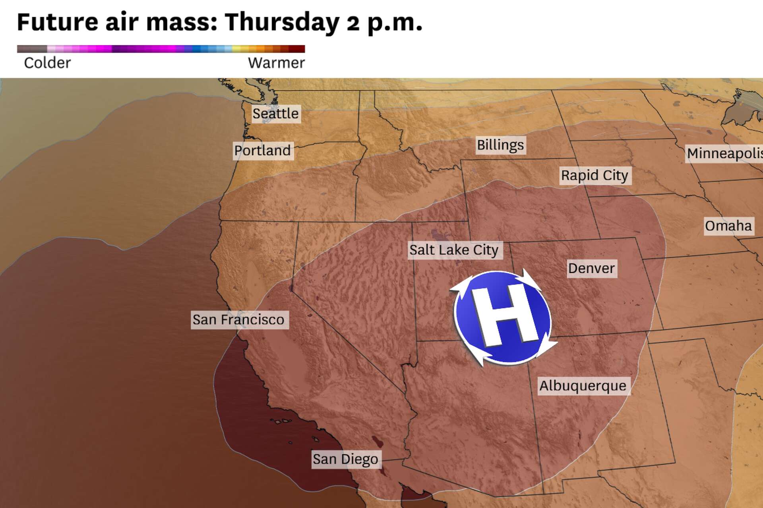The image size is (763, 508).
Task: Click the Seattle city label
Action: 275,114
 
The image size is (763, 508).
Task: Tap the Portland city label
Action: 263,151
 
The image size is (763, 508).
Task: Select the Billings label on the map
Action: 500,145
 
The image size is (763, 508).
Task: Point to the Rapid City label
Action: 595,175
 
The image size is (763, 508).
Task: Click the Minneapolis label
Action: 724,154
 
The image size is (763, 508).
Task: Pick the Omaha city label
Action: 728,226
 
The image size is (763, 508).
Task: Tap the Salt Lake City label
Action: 454,250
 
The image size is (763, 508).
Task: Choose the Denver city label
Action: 591,268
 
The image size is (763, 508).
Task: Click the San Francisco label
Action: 238,320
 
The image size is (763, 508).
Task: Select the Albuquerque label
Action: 583,386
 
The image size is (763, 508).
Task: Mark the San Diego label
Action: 345,459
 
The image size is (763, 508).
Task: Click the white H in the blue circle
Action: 503,316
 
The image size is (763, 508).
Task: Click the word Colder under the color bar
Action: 47,63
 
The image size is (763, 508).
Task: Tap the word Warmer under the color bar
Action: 276,63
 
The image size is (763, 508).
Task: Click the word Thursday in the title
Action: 282,22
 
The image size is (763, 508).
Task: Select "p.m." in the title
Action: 394,23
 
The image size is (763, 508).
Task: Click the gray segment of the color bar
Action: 32,49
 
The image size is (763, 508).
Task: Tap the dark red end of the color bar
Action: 297,49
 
